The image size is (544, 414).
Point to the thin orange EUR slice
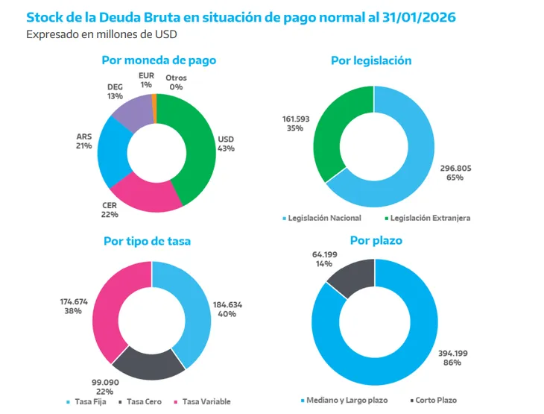pyautogui.click(x=154, y=99)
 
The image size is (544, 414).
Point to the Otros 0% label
pyautogui.click(x=177, y=82)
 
